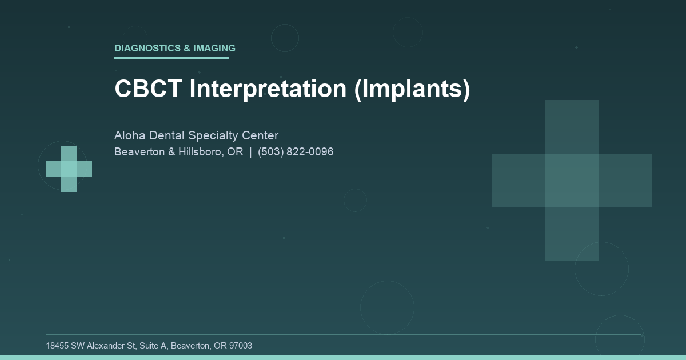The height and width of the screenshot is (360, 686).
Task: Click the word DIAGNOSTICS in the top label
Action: pos(147,49)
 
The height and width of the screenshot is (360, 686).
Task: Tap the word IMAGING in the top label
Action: pos(214,49)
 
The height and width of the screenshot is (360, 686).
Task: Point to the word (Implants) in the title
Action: pos(412,89)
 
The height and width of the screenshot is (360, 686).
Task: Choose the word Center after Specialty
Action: pos(260,135)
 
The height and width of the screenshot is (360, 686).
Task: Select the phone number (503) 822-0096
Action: pos(296,152)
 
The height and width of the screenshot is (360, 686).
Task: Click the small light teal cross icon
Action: pos(69,169)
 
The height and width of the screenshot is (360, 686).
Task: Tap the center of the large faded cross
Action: pos(572,180)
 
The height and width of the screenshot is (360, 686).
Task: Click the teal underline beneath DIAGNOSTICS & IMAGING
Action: pos(171,58)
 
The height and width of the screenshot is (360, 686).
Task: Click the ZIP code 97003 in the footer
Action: pos(240,346)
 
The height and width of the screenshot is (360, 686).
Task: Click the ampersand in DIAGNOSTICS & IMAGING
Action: pos(187,49)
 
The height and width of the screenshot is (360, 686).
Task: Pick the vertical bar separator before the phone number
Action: pos(250,152)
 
